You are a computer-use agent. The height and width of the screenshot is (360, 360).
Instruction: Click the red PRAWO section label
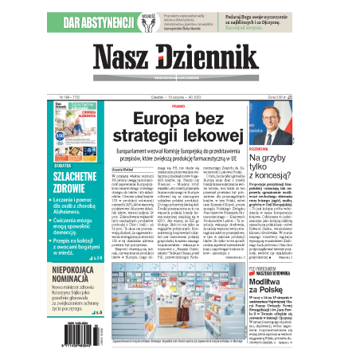tap(178, 104)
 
